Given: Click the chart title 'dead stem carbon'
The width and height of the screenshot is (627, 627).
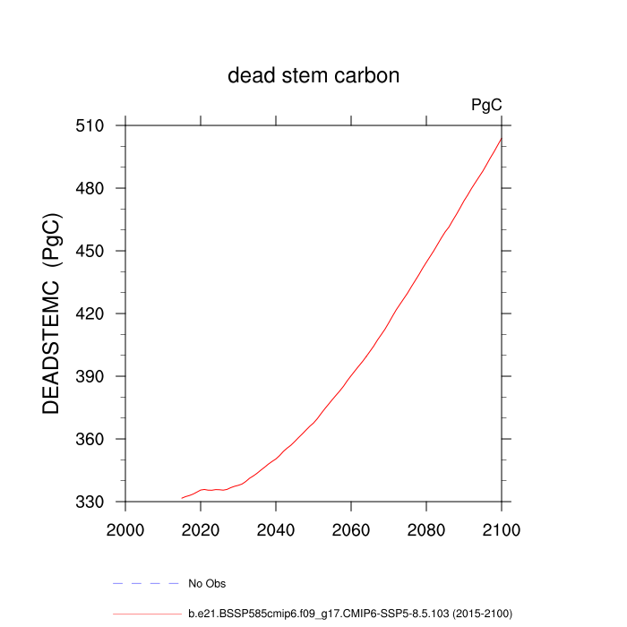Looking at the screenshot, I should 313,75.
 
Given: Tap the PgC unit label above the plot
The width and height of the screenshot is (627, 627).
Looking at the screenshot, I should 486,106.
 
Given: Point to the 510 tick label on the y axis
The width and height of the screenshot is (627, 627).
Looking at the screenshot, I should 92,126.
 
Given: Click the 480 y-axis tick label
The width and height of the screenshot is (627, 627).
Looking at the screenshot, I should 92,189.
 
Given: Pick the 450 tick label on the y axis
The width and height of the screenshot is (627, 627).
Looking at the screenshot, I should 92,252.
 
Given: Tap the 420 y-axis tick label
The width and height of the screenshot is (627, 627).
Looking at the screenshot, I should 92,314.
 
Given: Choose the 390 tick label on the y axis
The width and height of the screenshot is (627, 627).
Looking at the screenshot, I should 92,377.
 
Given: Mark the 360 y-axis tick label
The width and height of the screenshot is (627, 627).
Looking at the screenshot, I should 92,440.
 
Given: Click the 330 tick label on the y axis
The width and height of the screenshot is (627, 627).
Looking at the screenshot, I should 92,502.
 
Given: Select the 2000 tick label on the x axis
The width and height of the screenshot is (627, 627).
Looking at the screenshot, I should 125,528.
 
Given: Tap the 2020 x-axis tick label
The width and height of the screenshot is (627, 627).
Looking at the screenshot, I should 201,528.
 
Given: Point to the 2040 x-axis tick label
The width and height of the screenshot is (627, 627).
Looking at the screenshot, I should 276,528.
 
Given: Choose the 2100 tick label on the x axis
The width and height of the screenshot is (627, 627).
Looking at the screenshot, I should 501,528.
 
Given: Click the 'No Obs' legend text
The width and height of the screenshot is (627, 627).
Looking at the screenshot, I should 207,584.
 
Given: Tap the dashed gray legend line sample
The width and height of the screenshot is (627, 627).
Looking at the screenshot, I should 146,583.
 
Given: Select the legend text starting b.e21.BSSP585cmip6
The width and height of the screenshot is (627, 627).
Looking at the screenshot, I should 349,614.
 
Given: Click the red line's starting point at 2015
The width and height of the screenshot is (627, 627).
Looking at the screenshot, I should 182,498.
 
